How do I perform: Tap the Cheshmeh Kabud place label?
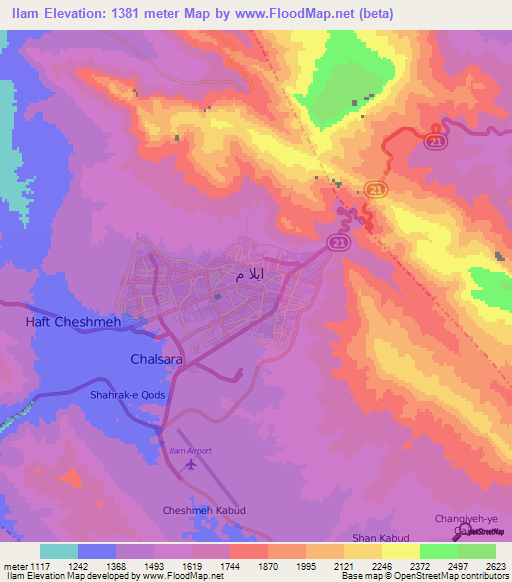pyautogui.click(x=204, y=510)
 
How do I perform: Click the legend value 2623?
pyautogui.click(x=495, y=565)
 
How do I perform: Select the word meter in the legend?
pyautogui.click(x=13, y=565)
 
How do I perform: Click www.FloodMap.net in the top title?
pyautogui.click(x=308, y=14)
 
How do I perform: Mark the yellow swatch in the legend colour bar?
pyautogui.click(x=401, y=551)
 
